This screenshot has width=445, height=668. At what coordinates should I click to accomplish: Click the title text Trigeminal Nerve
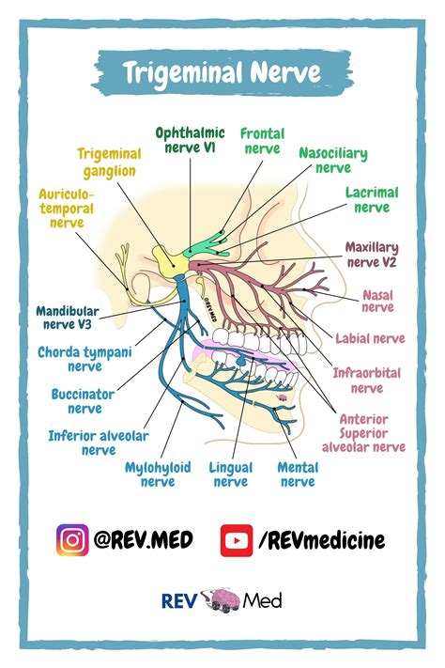[222, 72]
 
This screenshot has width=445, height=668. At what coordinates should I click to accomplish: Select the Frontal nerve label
[262, 141]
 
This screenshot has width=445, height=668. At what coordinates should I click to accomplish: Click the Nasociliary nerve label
[332, 160]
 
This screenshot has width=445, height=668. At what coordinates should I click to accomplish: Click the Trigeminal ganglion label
[109, 163]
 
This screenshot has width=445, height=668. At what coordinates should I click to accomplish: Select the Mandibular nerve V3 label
[68, 318]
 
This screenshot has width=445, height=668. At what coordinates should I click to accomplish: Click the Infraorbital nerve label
[366, 380]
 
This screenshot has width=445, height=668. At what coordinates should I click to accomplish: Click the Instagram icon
[72, 540]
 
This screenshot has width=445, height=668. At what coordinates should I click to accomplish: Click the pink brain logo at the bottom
[222, 599]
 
